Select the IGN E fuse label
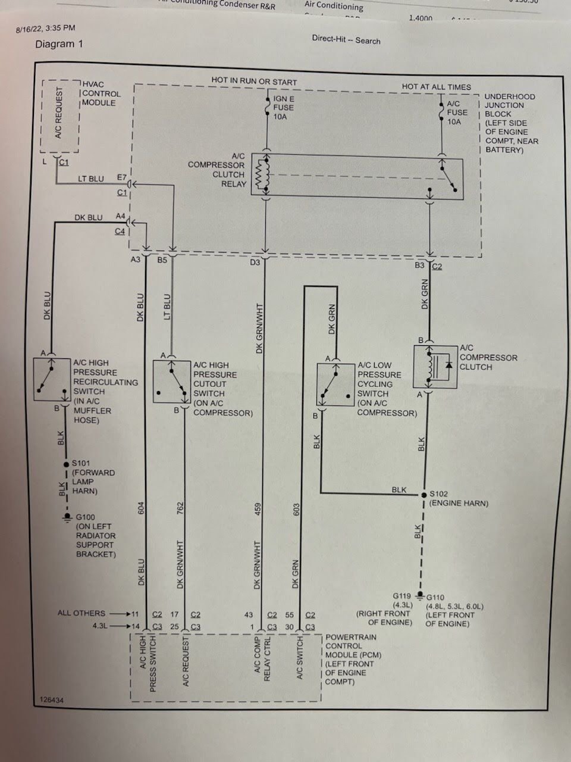tap(283, 108)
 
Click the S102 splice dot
tap(424, 494)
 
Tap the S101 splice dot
tap(67, 464)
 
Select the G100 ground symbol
tap(67, 519)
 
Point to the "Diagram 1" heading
tap(59, 44)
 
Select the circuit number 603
tap(296, 510)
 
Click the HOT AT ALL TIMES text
tap(436, 87)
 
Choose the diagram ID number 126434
tap(51, 700)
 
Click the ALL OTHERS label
tap(81, 613)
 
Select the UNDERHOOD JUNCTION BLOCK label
tap(510, 105)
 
